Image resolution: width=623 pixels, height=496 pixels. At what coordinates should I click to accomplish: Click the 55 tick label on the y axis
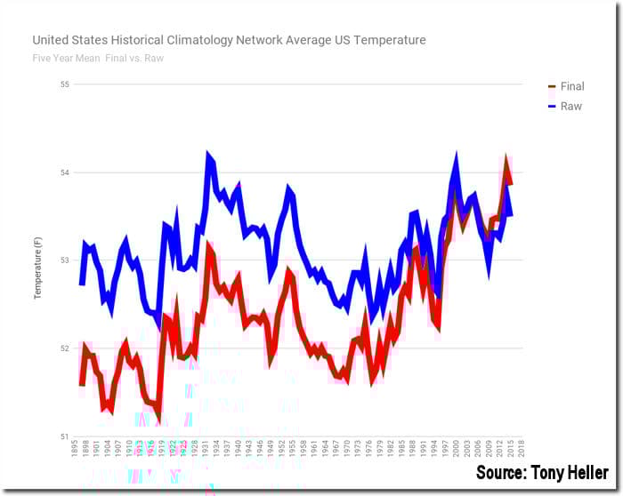tap(63, 84)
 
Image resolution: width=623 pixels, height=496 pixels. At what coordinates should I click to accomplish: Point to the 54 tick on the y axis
tap(63, 172)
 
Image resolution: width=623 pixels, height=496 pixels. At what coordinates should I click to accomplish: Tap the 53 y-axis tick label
tap(63, 260)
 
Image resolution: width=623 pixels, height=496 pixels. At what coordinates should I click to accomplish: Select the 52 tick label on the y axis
tap(63, 348)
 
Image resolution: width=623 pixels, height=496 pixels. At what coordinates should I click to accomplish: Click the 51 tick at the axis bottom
tap(63, 436)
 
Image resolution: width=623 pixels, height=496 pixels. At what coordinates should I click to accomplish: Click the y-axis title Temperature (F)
tap(38, 260)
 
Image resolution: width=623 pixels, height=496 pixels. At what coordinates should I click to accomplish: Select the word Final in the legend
tap(571, 86)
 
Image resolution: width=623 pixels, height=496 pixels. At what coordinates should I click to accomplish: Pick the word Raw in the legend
tap(570, 106)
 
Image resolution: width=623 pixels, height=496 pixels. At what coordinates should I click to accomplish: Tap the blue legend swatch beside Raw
tap(551, 106)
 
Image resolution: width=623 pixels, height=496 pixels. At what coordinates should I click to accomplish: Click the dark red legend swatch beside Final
tap(551, 86)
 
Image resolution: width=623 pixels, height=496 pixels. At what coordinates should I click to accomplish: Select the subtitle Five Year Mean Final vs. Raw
tap(98, 59)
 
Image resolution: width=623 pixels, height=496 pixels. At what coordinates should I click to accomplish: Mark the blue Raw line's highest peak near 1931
tap(209, 156)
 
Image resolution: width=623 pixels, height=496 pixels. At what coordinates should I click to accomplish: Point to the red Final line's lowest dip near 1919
tap(159, 418)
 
